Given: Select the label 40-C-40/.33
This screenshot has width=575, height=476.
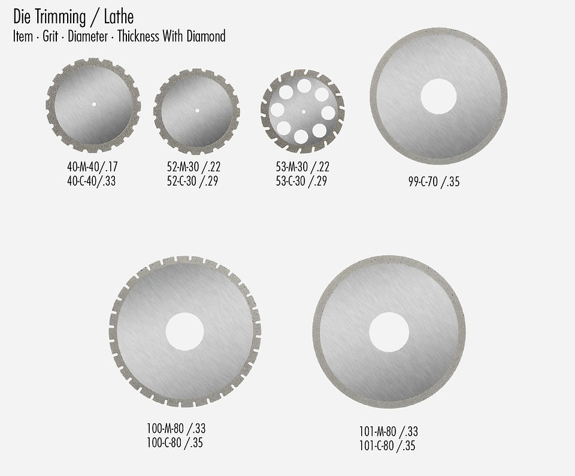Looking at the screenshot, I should click(91, 180).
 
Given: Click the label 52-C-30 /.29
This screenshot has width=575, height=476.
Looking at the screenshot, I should click(193, 180).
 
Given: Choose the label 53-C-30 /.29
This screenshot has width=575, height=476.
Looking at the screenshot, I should click(302, 180).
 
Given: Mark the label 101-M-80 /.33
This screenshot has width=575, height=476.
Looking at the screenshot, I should click(388, 432).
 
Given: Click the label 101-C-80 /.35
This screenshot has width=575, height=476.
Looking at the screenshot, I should click(388, 445).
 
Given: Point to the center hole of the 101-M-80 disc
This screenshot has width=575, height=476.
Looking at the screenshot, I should click(389, 332).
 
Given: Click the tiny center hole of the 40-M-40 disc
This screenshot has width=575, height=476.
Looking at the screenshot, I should click(93, 105).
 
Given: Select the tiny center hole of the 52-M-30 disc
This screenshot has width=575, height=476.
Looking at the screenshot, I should click(196, 111).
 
